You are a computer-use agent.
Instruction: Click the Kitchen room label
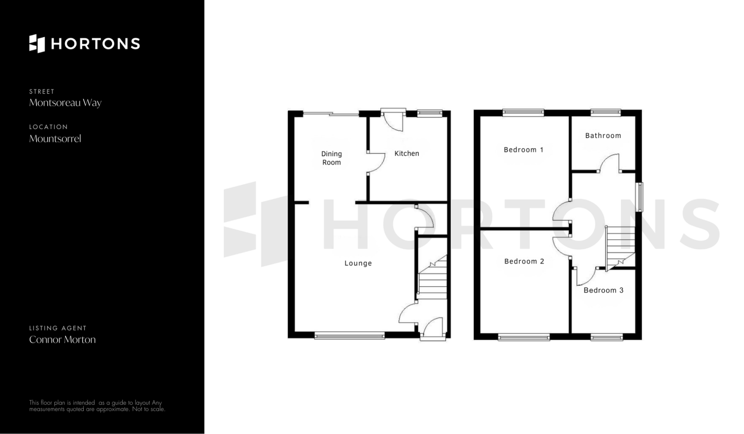pyautogui.click(x=406, y=154)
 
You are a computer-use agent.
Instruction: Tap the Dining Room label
pyautogui.click(x=331, y=158)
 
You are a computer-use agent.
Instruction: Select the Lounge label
pyautogui.click(x=358, y=263)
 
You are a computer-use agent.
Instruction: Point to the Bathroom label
pyautogui.click(x=603, y=136)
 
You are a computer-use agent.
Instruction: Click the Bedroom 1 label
pyautogui.click(x=523, y=150)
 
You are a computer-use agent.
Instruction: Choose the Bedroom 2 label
pyautogui.click(x=524, y=261)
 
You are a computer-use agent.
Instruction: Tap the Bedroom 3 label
pyautogui.click(x=603, y=290)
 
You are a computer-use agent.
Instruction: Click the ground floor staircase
pyautogui.click(x=432, y=277)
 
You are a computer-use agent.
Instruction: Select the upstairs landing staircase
pyautogui.click(x=620, y=248)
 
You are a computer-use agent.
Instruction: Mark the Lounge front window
pyautogui.click(x=350, y=335)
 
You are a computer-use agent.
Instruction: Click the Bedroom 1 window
pyautogui.click(x=523, y=112)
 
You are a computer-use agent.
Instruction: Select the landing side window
pyautogui.click(x=640, y=197)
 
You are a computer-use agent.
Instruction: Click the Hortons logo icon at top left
pyautogui.click(x=37, y=43)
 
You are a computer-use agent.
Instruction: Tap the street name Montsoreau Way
pyautogui.click(x=65, y=103)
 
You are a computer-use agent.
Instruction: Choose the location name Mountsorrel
pyautogui.click(x=55, y=138)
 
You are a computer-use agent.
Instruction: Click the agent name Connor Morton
pyautogui.click(x=62, y=340)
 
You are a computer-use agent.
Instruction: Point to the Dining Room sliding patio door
pyautogui.click(x=331, y=114)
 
